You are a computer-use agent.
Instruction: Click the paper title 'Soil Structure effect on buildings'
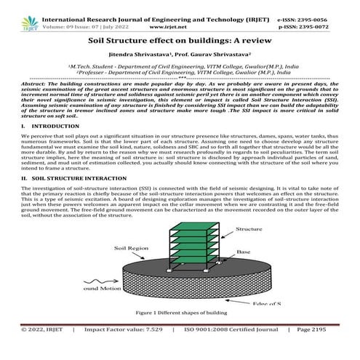(x=180, y=32)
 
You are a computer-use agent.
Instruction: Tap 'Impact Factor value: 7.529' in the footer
(x=123, y=349)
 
